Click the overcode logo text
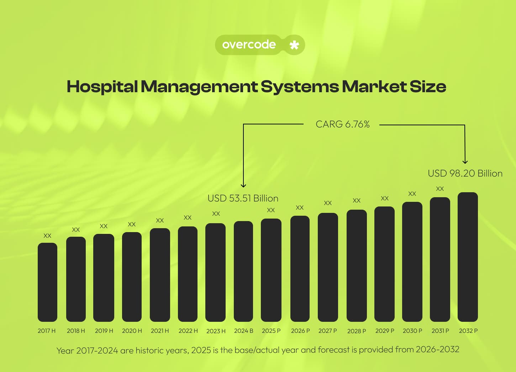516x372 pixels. pos(249,44)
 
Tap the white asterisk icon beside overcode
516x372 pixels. pos(294,45)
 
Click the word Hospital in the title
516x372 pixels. pos(102,87)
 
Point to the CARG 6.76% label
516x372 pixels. pos(342,124)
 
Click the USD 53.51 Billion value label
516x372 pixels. pos(243,198)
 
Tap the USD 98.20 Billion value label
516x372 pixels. pos(465,173)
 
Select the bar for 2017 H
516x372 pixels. pos(47,282)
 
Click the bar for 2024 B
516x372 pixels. pos(243,271)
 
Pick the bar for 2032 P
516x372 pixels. pos(468,257)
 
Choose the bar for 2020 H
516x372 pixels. pos(132,277)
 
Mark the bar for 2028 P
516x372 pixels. pos(357,266)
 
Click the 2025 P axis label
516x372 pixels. pos(271,331)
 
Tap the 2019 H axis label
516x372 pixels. pos(104,331)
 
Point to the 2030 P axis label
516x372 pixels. pos(412,331)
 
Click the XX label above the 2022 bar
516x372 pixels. pos(188,218)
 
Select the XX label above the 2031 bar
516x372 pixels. pos(440,189)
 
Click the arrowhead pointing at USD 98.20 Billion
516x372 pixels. pos(465,162)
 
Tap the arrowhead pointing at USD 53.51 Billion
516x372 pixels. pos(243,185)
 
